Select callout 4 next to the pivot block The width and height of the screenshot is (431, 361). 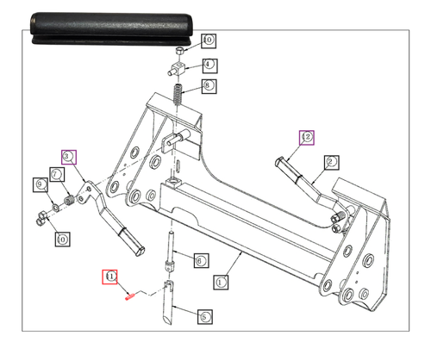209,65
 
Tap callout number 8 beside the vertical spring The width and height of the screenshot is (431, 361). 209,86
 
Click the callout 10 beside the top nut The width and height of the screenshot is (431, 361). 209,40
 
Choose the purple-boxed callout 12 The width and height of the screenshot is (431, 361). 306,136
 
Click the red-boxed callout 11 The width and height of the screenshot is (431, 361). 110,276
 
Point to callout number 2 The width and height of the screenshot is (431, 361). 332,160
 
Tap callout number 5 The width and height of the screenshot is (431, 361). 205,316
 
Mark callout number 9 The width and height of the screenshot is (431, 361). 40,184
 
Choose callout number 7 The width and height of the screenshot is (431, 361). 56,174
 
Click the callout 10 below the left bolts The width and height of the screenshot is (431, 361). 61,239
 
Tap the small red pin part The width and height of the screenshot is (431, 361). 128,296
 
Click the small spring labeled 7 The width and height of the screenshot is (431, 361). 65,202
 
